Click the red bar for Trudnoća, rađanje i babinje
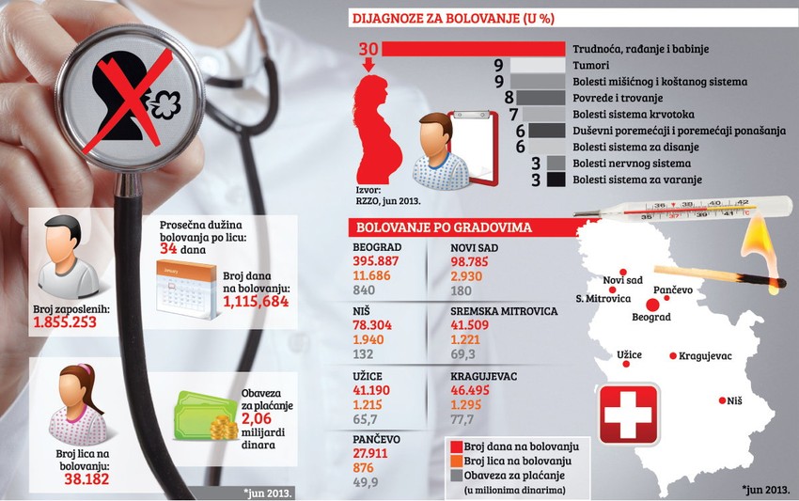click(475, 49)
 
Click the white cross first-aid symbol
click(630, 411)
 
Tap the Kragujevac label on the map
click(705, 356)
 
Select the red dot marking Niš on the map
click(721, 399)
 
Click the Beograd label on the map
click(650, 319)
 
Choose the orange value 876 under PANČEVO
click(364, 468)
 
